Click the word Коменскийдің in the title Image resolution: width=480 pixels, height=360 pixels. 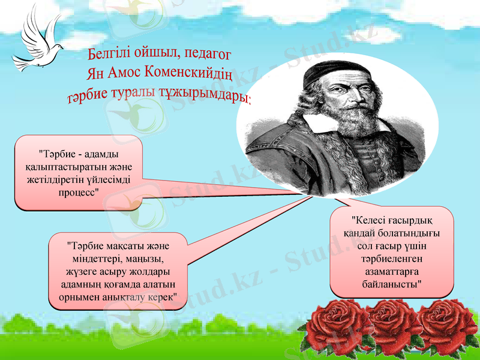point(188,76)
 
